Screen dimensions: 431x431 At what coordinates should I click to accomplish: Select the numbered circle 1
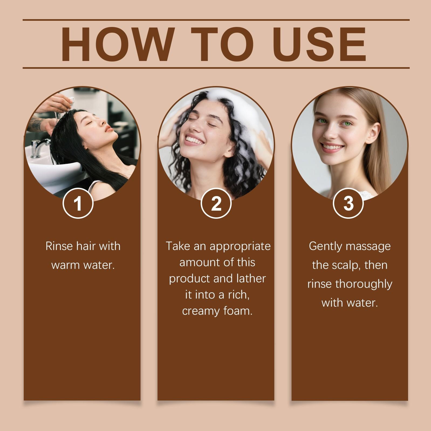(78, 203)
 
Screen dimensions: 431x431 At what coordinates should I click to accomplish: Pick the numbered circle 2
(216, 203)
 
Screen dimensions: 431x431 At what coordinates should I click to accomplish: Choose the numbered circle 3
(348, 203)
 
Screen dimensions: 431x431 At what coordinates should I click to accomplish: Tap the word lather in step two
(251, 279)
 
